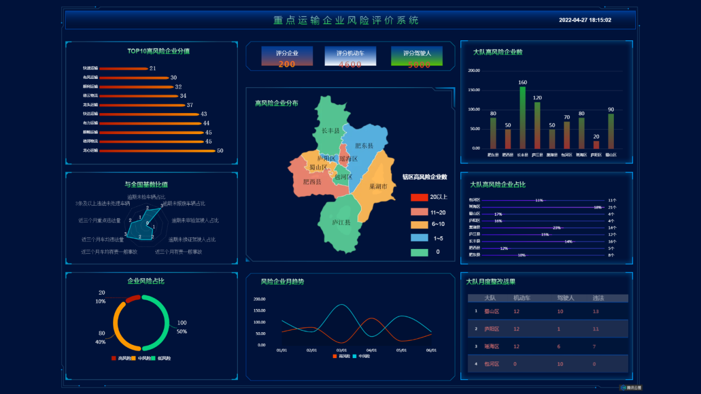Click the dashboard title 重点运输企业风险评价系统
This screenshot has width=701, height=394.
tap(346, 20)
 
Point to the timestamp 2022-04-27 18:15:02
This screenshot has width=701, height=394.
tap(585, 20)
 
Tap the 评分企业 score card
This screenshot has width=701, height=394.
tap(287, 56)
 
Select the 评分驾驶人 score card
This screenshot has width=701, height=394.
tap(417, 56)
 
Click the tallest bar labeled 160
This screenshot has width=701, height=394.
tap(523, 118)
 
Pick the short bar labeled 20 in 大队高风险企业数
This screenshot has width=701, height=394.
tap(596, 145)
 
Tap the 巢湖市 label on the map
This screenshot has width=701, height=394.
tap(379, 187)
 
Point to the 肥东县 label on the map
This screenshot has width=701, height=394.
tap(364, 146)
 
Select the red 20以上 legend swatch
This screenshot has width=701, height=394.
tap(419, 197)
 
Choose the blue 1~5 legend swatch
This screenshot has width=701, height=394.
tap(419, 238)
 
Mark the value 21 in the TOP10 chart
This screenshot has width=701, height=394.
tap(153, 68)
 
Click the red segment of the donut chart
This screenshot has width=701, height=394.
tap(132, 299)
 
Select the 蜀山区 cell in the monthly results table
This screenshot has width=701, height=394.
tap(491, 311)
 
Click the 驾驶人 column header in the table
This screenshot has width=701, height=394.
tap(565, 298)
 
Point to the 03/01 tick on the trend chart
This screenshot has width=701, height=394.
tap(342, 350)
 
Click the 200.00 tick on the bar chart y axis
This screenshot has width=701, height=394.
tap(474, 71)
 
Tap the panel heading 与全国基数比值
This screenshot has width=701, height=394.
tap(146, 184)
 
